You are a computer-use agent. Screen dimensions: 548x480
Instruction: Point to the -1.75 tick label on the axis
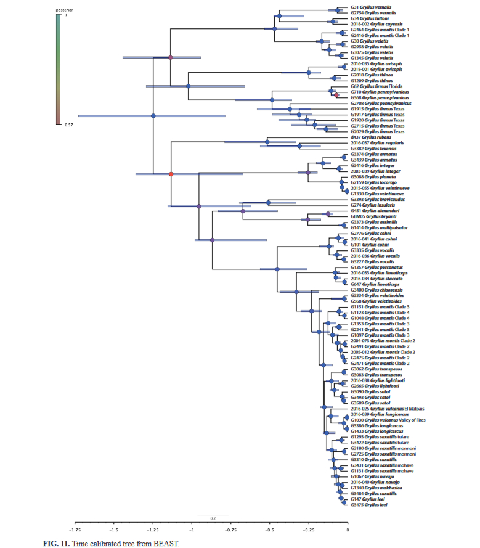tap(75, 530)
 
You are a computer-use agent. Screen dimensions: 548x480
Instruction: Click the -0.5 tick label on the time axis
tap(269, 530)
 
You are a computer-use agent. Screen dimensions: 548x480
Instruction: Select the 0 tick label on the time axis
tap(348, 530)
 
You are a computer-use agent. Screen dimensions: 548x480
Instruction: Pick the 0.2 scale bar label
tap(213, 518)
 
